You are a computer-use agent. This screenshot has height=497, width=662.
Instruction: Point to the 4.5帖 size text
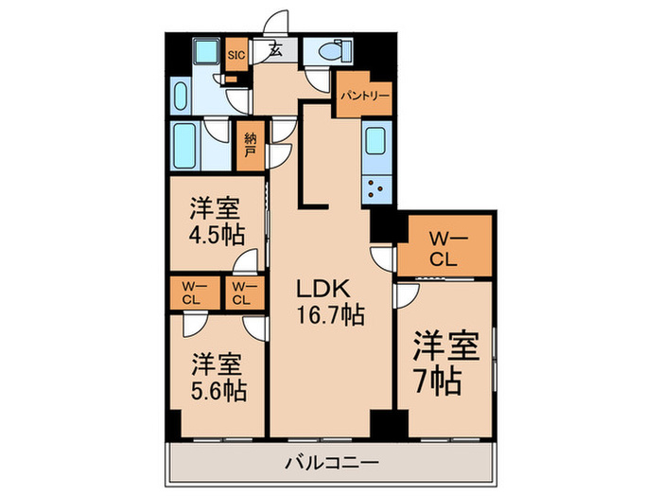214,233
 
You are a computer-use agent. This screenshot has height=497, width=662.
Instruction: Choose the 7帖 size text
437,380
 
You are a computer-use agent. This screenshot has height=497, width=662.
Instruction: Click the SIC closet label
236,55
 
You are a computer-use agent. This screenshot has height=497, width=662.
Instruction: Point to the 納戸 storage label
250,145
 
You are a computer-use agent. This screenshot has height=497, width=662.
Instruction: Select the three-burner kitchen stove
378,187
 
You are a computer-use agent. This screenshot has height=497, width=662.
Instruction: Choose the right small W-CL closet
242,293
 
